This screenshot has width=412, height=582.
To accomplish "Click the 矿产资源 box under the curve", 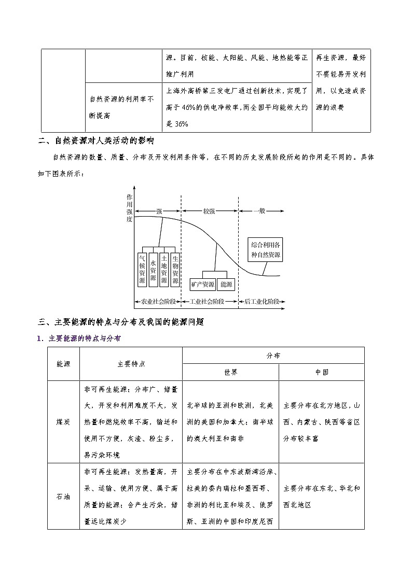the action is [x=202, y=285].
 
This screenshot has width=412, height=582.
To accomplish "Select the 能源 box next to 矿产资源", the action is [x=227, y=285].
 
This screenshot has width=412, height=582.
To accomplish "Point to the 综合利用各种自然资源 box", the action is [x=265, y=249].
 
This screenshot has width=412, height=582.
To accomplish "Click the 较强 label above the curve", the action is [x=209, y=211].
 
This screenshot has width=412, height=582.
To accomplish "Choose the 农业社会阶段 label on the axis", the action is [x=158, y=301].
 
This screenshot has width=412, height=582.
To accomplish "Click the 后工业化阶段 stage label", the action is [x=262, y=301].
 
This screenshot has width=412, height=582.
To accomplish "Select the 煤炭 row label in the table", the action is [x=63, y=422].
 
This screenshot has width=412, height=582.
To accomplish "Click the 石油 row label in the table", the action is [x=63, y=496].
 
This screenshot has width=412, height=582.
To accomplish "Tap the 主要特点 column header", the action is [x=131, y=364].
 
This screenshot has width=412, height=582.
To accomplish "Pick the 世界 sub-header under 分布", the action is [x=230, y=372].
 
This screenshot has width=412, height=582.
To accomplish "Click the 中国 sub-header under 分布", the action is [x=321, y=372].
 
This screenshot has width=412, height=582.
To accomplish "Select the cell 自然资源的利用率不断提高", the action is [x=121, y=107].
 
